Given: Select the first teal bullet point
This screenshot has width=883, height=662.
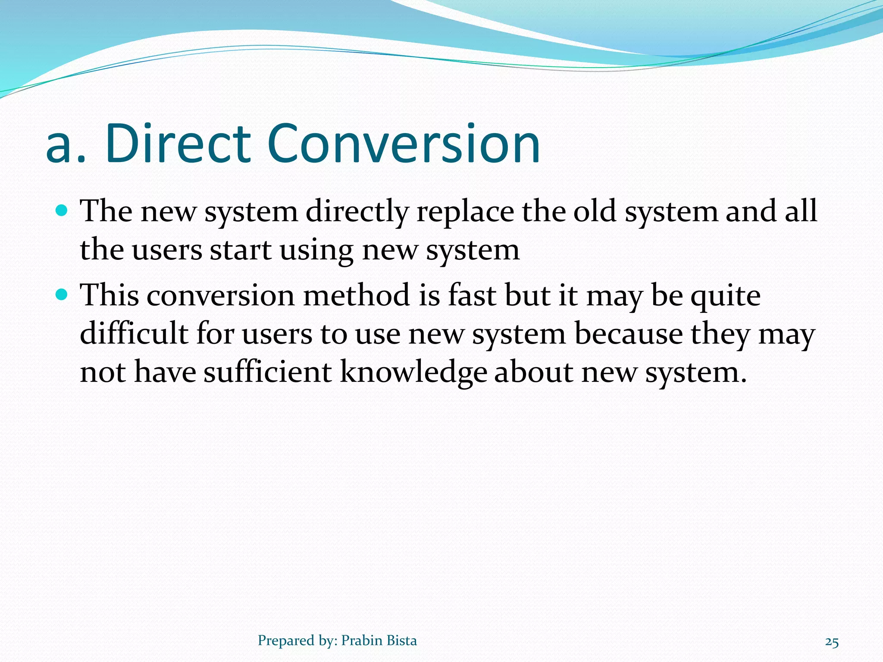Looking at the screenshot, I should click(63, 211).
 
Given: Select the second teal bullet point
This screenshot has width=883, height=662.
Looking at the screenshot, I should click(63, 295).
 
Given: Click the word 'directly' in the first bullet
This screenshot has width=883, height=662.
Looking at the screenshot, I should click(357, 212).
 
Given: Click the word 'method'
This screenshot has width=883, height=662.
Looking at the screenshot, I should click(356, 296).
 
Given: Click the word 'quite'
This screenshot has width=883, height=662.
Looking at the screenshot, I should click(725, 297).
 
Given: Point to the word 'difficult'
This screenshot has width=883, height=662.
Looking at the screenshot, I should click(134, 334).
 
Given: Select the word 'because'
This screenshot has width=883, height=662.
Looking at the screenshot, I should click(629, 334).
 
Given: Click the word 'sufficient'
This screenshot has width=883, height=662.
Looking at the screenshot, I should click(267, 372).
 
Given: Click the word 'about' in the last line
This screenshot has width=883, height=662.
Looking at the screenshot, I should click(534, 372).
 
